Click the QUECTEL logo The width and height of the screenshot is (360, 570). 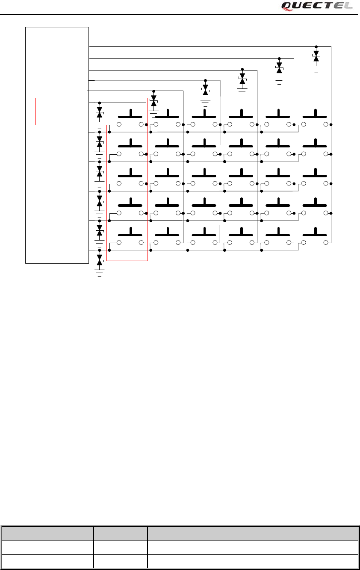[x=317, y=6]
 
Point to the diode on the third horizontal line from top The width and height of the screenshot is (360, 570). [x=242, y=79]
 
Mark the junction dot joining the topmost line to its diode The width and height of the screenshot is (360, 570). [x=316, y=46]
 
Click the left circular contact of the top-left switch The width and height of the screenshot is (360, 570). [x=119, y=124]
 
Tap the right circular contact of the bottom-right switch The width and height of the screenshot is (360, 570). [x=326, y=242]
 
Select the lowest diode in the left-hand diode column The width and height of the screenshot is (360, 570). [x=100, y=260]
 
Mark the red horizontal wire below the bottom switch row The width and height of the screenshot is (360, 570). [x=127, y=260]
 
